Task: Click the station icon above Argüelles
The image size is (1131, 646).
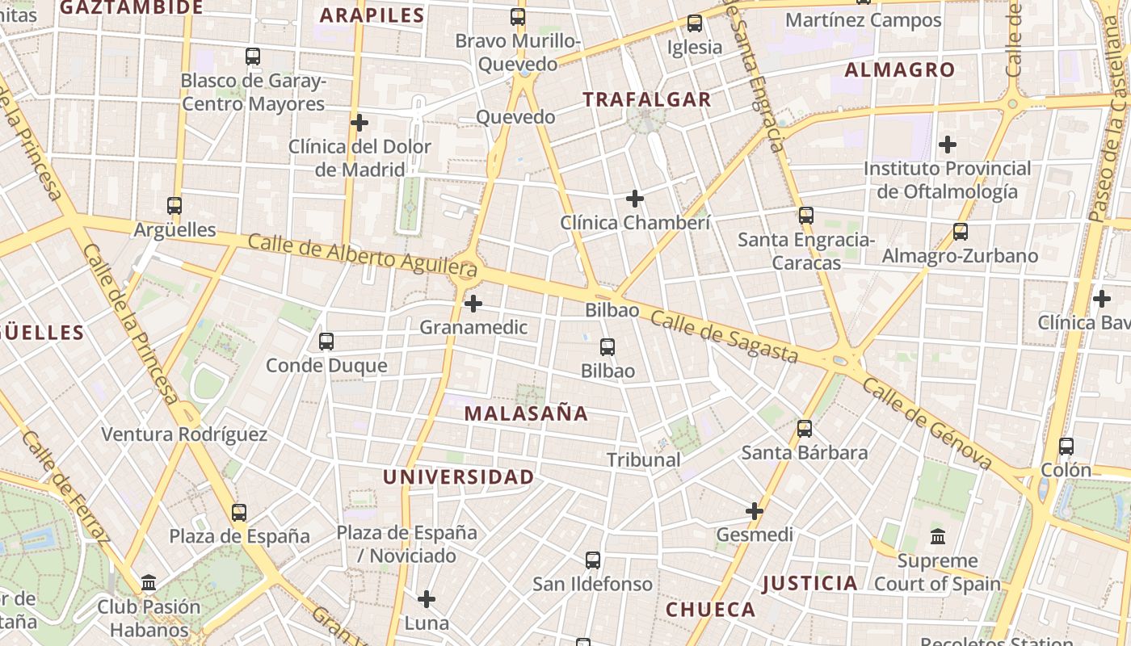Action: click(174, 206)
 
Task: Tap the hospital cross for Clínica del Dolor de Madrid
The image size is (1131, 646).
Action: click(359, 123)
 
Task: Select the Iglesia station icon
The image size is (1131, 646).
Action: click(695, 23)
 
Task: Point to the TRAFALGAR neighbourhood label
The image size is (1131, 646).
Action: click(647, 99)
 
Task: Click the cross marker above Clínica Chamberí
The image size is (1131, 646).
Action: click(635, 198)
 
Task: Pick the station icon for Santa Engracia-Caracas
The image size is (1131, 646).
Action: click(805, 216)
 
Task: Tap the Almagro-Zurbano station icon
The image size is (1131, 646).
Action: click(961, 232)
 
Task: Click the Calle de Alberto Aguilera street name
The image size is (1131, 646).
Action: click(362, 254)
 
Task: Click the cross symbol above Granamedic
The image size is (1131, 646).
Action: click(473, 304)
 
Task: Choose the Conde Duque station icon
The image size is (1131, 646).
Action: click(326, 342)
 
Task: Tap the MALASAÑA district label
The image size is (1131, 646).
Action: click(526, 413)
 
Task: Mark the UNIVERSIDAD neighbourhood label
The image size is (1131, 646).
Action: click(458, 476)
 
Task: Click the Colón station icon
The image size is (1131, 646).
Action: click(1066, 447)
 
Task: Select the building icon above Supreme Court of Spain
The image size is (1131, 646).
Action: click(938, 536)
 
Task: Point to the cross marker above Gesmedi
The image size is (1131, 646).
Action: click(755, 511)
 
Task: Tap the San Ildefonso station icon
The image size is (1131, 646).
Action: click(593, 560)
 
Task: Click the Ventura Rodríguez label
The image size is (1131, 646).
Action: click(184, 434)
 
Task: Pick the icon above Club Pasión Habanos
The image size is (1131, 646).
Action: click(149, 582)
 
